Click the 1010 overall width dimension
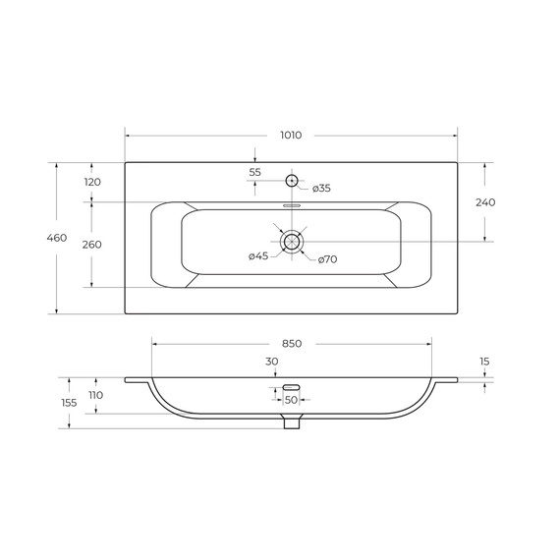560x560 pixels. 291,136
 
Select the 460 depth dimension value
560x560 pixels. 57,238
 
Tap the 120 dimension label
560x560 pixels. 92,182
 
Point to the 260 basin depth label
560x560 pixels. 91,245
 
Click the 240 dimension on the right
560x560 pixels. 485,202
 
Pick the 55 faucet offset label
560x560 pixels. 255,172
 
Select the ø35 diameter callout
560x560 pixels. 321,189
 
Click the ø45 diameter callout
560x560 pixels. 258,256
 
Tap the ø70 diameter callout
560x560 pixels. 327,259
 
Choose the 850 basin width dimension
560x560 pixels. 292,344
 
